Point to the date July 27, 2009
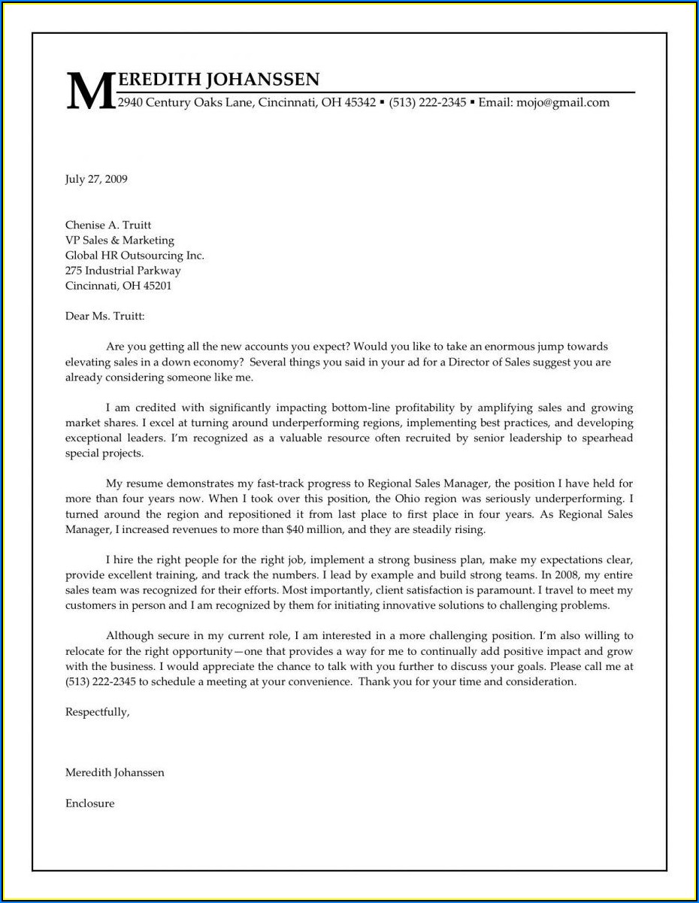coord(96,179)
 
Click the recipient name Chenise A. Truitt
coord(108,225)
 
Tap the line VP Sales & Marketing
coord(120,240)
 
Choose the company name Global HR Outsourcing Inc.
coord(135,255)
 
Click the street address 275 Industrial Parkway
coord(123,270)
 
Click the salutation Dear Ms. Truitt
coord(104,317)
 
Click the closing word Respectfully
coord(97,711)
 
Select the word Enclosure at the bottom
coord(89,803)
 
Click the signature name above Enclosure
coord(114,772)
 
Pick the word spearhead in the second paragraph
coord(607,438)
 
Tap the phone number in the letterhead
coord(428,103)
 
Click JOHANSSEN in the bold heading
coord(262,80)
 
